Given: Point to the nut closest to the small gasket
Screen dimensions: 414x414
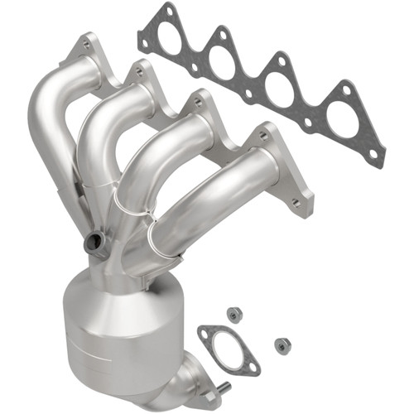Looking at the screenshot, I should (233, 315).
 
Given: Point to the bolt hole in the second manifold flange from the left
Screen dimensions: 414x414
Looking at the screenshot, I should (137, 73).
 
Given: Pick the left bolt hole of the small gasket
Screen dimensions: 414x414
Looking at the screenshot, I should (204, 334).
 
